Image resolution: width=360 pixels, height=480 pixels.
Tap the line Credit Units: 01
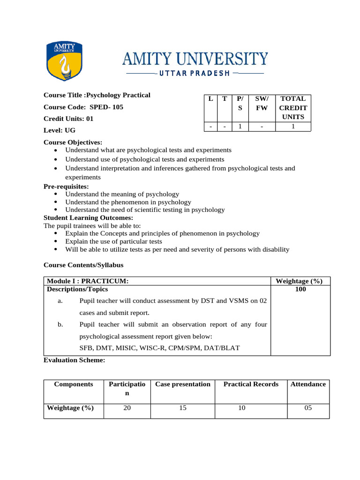[68, 119]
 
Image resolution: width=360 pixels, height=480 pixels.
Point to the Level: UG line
[59, 130]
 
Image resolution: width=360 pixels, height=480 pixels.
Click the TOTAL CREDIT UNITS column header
[292, 108]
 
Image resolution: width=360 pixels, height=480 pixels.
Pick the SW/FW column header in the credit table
[261, 103]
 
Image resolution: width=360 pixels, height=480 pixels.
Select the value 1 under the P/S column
[240, 126]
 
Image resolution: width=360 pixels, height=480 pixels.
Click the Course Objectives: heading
[73, 142]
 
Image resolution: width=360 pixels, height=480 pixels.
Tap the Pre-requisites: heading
[66, 186]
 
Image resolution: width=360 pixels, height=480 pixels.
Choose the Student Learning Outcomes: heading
[88, 217]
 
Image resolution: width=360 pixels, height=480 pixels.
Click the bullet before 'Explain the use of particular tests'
[56, 241]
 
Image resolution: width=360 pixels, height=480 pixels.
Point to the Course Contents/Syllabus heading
[83, 265]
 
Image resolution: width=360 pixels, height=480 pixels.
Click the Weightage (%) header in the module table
[299, 281]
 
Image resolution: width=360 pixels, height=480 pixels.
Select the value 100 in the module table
[300, 290]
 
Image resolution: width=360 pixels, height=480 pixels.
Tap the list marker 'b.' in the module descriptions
[60, 324]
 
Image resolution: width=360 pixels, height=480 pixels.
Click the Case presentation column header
[183, 384]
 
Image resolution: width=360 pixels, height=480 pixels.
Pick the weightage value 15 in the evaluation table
[183, 408]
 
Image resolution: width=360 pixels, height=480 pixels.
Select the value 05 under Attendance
[308, 408]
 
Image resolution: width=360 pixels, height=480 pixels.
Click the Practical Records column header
[251, 384]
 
